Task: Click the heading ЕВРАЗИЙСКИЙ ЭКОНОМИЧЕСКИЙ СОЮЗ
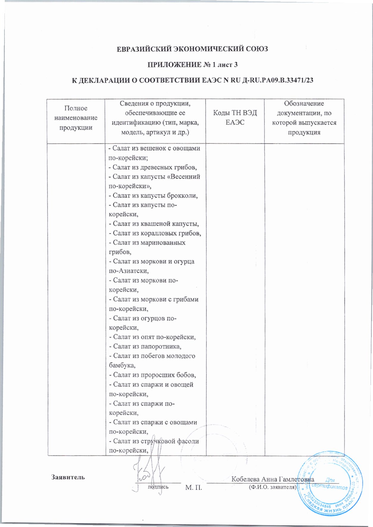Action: [x=192, y=49]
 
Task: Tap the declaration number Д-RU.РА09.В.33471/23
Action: [x=278, y=80]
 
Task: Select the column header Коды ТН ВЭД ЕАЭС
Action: [x=235, y=117]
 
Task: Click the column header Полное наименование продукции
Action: [x=76, y=118]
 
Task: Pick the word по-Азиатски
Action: [x=128, y=271]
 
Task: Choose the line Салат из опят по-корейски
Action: [x=152, y=337]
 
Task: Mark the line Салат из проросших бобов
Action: [x=152, y=375]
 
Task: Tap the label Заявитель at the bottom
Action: [x=68, y=477]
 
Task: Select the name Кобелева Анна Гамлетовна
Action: [x=272, y=479]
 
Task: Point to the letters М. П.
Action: [x=194, y=487]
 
